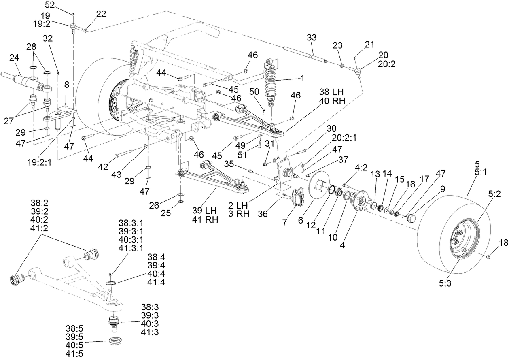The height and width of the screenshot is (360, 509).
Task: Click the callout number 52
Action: [x=49, y=5]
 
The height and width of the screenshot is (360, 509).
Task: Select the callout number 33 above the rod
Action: [x=312, y=38]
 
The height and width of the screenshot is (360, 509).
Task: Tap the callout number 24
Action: [x=15, y=58]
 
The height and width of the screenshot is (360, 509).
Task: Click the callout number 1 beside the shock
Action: [x=302, y=77]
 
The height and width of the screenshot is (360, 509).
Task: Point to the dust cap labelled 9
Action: [x=412, y=219]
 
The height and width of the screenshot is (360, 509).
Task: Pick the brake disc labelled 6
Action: [x=318, y=186]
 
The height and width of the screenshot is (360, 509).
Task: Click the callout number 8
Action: [x=67, y=85]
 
